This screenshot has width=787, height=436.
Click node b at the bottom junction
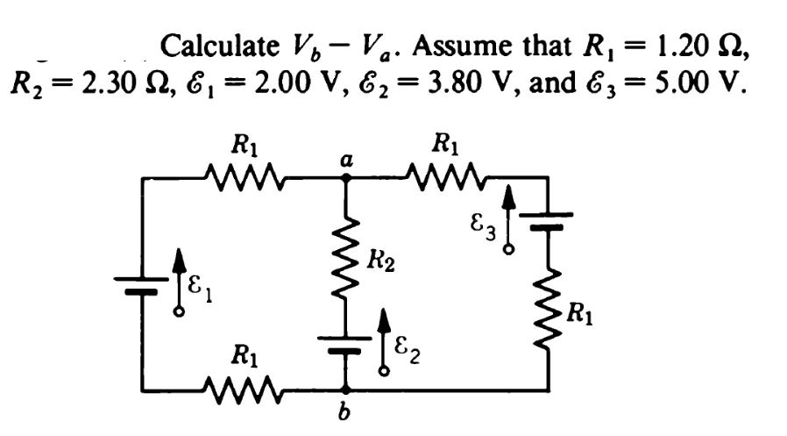(x=346, y=389)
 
